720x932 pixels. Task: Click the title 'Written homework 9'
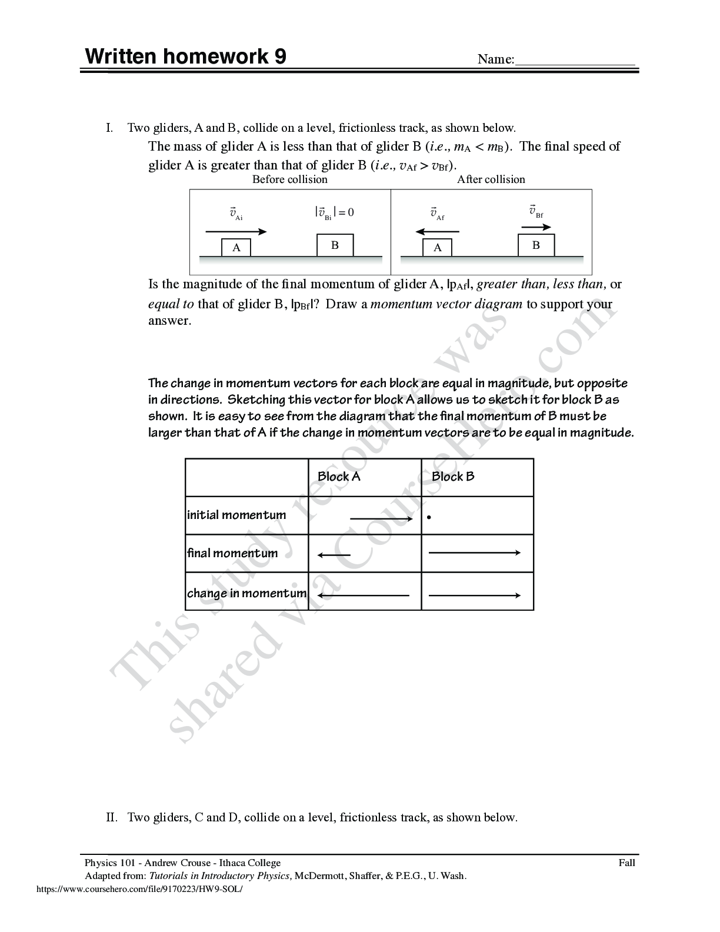pos(186,57)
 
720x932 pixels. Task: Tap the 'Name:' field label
pos(495,59)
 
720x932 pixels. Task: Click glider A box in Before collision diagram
pos(236,248)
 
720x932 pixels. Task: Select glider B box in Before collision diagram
pos(335,245)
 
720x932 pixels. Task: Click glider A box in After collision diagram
pos(438,248)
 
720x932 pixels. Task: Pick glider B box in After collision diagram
pos(536,245)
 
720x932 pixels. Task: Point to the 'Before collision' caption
pos(289,179)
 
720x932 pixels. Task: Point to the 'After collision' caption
pos(491,179)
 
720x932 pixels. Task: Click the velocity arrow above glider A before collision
pos(236,232)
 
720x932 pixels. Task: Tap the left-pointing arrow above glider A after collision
pos(437,232)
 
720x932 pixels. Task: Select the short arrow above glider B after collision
pos(536,228)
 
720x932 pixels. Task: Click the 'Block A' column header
pos(339,477)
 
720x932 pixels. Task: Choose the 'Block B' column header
pos(453,477)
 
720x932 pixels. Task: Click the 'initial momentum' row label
pos(236,515)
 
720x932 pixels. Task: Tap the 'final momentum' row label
pos(232,553)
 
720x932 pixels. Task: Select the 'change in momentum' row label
pos(246,593)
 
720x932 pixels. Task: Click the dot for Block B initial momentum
pos(430,518)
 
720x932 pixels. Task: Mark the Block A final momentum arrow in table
pos(334,555)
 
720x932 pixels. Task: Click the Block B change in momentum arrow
pos(475,595)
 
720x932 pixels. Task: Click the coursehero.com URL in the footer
pos(139,890)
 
